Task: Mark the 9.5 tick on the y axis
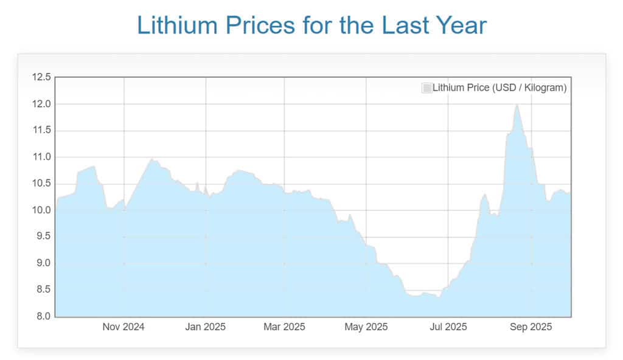click(43, 237)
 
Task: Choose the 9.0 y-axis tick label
click(43, 263)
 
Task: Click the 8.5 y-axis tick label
click(43, 290)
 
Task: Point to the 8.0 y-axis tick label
click(43, 316)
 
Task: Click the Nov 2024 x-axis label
click(124, 327)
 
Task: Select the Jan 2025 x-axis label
click(205, 327)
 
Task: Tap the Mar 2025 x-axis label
click(284, 327)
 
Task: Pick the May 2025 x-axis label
click(366, 327)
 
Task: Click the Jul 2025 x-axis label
click(448, 327)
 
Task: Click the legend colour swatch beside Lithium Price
click(427, 88)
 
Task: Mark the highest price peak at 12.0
click(517, 105)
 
